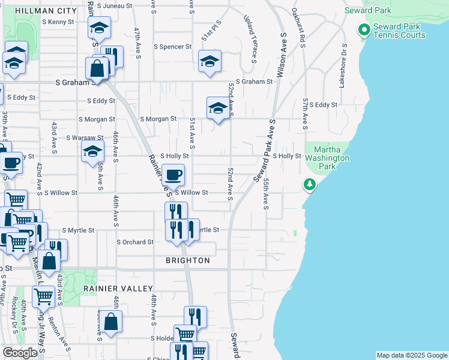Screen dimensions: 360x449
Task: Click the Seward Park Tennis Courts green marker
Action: (363, 30)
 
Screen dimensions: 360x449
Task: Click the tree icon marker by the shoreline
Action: (310, 184)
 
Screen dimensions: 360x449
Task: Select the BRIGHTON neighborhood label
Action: (188, 260)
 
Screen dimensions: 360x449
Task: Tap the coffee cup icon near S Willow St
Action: (173, 175)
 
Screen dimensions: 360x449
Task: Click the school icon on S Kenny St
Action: (99, 27)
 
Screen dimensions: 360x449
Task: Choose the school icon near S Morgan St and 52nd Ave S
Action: (218, 108)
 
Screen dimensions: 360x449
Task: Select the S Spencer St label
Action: (172, 46)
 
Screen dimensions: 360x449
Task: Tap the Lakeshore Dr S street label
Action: (343, 65)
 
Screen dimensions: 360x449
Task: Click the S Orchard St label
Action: (134, 242)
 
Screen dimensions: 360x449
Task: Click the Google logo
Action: (20, 353)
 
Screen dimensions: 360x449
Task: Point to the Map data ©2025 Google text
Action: (412, 355)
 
